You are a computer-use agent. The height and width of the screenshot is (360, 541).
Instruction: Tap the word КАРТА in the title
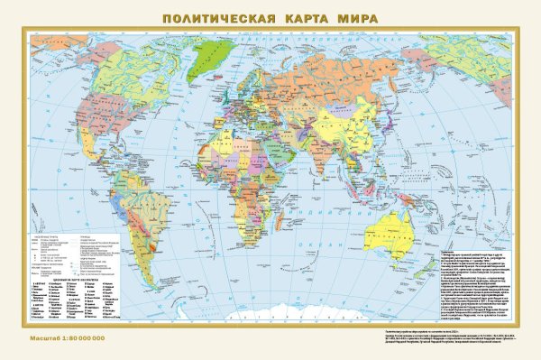[287, 17]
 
